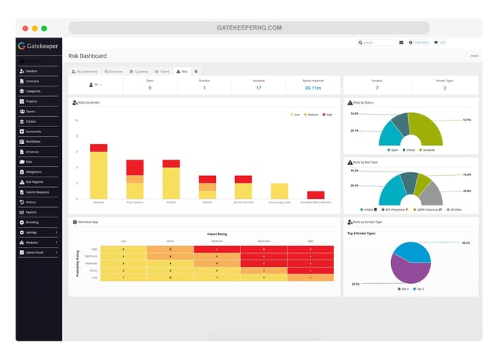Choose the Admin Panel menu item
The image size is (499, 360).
click(x=35, y=251)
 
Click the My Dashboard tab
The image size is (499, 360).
click(x=85, y=71)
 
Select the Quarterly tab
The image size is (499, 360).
click(x=139, y=71)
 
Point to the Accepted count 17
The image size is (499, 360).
click(x=258, y=88)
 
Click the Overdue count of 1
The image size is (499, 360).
click(x=204, y=88)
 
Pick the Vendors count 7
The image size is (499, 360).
click(x=377, y=88)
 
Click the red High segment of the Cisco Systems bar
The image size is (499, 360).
click(x=135, y=167)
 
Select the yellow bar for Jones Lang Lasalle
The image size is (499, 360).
click(x=279, y=191)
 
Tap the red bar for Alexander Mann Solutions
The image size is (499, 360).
click(x=315, y=194)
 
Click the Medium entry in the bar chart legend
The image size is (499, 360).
click(x=311, y=115)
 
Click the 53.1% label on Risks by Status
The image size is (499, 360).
click(x=466, y=119)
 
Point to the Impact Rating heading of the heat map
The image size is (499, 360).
click(x=217, y=234)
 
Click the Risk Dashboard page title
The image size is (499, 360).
click(x=87, y=55)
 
